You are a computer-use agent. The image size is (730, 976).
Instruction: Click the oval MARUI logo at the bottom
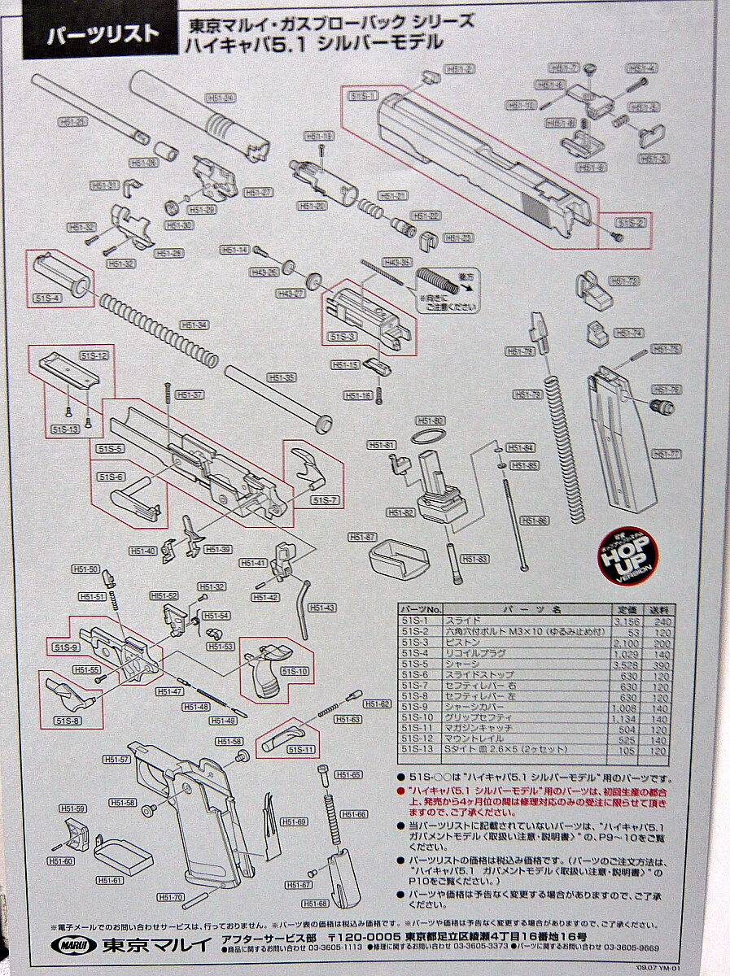pos(75,945)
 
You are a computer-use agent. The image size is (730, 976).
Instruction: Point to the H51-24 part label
pos(221,98)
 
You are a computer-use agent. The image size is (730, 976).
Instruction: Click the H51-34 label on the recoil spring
pos(195,325)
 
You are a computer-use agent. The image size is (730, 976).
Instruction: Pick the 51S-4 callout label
pos(46,298)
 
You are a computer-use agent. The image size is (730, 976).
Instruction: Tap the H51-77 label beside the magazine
pos(666,454)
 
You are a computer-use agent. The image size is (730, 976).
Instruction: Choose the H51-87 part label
pos(362,538)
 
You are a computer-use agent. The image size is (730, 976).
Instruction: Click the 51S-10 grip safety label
pos(294,671)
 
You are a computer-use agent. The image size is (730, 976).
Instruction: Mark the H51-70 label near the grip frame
pos(171,897)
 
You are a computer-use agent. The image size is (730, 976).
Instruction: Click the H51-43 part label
pos(323,608)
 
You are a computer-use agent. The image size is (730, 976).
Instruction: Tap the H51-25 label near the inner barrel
pos(72,121)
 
